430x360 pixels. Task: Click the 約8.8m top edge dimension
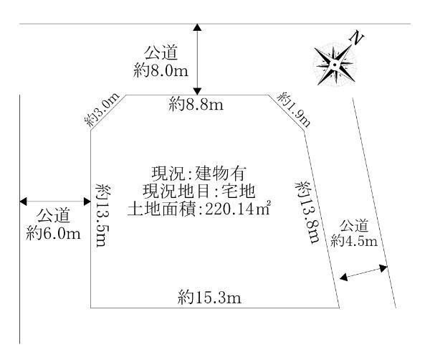tap(196, 104)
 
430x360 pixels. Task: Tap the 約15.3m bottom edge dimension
tap(209, 297)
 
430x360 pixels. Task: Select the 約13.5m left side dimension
tap(102, 215)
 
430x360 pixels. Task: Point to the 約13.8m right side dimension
tap(307, 212)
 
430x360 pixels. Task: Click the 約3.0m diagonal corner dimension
tap(102, 110)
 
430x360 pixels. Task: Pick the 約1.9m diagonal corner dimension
tap(294, 110)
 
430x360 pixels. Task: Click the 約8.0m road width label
tap(161, 70)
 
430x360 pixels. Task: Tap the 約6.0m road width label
tap(53, 234)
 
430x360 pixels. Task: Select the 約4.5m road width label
tap(354, 241)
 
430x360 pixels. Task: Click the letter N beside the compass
tap(357, 38)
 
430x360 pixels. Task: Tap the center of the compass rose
tap(335, 65)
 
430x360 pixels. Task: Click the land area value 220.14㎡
tap(238, 209)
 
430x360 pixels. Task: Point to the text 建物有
tap(221, 173)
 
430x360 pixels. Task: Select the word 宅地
tap(238, 191)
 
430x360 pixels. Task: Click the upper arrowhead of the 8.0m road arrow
tap(198, 27)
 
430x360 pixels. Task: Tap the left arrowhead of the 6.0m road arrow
tap(23, 201)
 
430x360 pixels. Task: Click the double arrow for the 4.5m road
tap(363, 273)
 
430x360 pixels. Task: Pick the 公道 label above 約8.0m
tap(161, 52)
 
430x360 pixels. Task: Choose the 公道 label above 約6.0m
tap(54, 215)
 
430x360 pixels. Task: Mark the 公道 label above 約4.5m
tap(354, 226)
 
